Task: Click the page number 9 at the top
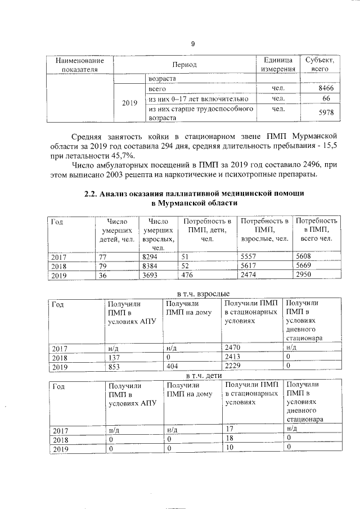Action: point(192,44)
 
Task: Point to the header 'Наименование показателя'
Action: point(79,65)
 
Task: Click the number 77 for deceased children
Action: point(103,256)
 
